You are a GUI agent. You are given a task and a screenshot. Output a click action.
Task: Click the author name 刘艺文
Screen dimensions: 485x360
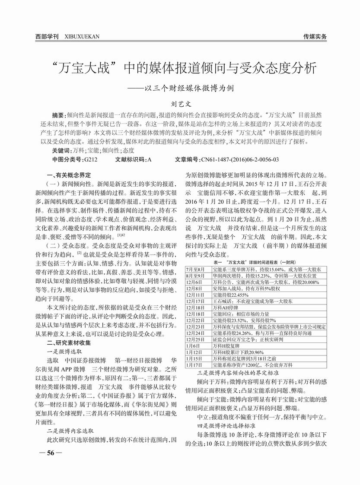pyautogui.click(x=179, y=104)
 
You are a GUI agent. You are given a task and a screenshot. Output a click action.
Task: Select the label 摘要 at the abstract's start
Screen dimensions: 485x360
pyautogui.click(x=58, y=116)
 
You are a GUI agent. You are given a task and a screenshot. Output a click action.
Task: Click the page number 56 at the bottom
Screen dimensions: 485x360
pyautogui.click(x=51, y=453)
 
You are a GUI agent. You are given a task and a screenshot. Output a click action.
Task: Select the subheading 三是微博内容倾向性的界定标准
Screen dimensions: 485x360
pyautogui.click(x=238, y=372)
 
